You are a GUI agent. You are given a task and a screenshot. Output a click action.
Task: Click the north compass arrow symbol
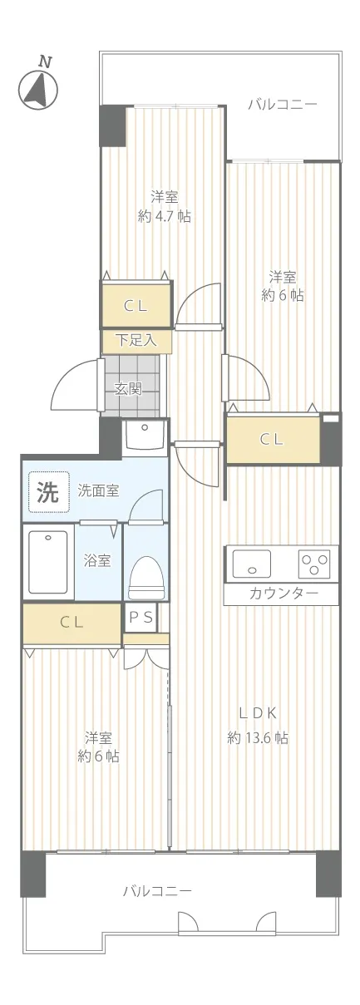pos(38,89)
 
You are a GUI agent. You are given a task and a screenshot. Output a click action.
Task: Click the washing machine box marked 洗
pos(48,492)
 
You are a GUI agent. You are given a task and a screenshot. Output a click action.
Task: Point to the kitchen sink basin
pos(251,564)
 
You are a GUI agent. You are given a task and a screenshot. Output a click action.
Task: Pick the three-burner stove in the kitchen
pos(313,564)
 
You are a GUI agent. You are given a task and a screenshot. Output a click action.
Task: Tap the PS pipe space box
pos(141,618)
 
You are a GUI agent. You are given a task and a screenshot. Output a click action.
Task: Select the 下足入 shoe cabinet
pos(136,341)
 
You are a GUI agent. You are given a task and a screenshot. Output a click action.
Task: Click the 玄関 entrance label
pos(128,388)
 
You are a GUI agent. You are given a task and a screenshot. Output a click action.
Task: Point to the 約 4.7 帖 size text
pos(165,217)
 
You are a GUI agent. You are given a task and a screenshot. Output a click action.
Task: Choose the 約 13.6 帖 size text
pos(258,738)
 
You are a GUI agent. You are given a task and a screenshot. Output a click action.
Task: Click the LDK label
pos(258,713)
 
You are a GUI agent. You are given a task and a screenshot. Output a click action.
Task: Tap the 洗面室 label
pos(99,490)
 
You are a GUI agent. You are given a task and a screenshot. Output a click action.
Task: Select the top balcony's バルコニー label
pos(283,105)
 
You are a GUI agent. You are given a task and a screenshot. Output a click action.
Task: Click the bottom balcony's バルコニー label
pos(158,890)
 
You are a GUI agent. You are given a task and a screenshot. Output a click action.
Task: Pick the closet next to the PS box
pos(72,623)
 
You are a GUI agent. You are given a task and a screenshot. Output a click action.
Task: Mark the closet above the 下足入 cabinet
pos(136,304)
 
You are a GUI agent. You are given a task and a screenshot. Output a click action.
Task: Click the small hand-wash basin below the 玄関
pos(145,435)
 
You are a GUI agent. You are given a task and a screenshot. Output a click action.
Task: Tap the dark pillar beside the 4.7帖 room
pos(113,126)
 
